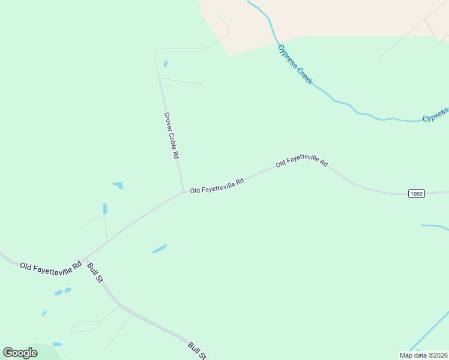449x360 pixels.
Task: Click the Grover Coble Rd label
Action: tap(172, 135)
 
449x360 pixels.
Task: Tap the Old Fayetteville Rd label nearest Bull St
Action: tap(50, 266)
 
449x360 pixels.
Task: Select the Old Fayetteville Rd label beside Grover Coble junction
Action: tap(217, 185)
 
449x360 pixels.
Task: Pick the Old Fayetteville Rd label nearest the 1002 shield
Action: tap(302, 160)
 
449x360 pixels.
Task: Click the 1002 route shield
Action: tap(417, 193)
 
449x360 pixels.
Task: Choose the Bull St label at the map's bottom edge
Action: tap(197, 350)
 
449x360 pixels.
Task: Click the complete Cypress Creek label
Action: tap(295, 64)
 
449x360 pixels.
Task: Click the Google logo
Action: tap(20, 353)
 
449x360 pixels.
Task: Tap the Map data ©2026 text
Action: tap(423, 355)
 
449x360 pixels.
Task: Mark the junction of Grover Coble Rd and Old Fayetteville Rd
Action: tap(183, 192)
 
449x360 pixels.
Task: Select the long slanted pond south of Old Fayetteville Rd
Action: tap(159, 248)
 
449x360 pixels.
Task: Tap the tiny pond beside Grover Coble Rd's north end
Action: tap(166, 64)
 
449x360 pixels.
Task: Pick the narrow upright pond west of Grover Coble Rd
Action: tap(105, 209)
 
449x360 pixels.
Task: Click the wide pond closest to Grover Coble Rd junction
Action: tap(118, 185)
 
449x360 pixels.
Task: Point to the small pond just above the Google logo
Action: tap(57, 344)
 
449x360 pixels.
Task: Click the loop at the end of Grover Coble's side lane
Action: tap(200, 84)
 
